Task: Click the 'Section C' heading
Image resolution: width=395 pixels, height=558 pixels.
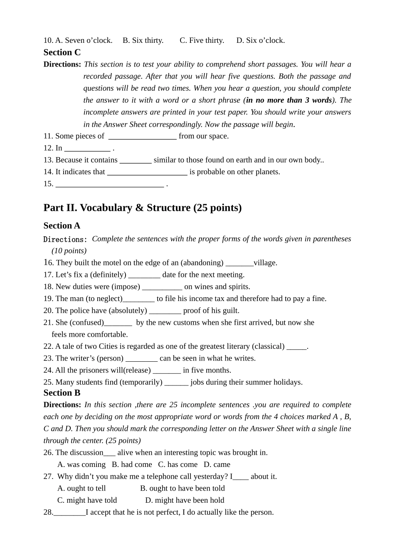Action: point(62,52)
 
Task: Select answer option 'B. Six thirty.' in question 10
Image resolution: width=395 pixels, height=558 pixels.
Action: point(143,40)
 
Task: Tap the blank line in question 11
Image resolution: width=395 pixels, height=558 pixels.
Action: point(142,136)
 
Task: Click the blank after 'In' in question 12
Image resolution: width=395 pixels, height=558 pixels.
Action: point(87,148)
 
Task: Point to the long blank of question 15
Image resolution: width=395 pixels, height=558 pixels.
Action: point(109,184)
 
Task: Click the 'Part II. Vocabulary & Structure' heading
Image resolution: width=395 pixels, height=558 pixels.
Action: point(142,207)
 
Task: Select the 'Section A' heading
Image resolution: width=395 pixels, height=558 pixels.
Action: point(62,226)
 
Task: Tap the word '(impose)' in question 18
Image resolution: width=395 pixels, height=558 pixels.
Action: point(127,287)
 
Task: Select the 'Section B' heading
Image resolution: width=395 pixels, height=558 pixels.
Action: point(62,393)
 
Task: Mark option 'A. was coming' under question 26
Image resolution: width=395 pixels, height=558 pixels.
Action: point(81,464)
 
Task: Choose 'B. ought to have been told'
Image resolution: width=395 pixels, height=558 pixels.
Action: point(182,489)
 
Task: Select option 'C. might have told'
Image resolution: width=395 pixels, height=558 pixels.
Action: point(87,500)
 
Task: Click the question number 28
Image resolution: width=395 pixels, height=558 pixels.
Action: point(48,512)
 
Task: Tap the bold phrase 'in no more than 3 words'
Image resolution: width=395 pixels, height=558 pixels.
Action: point(289,100)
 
